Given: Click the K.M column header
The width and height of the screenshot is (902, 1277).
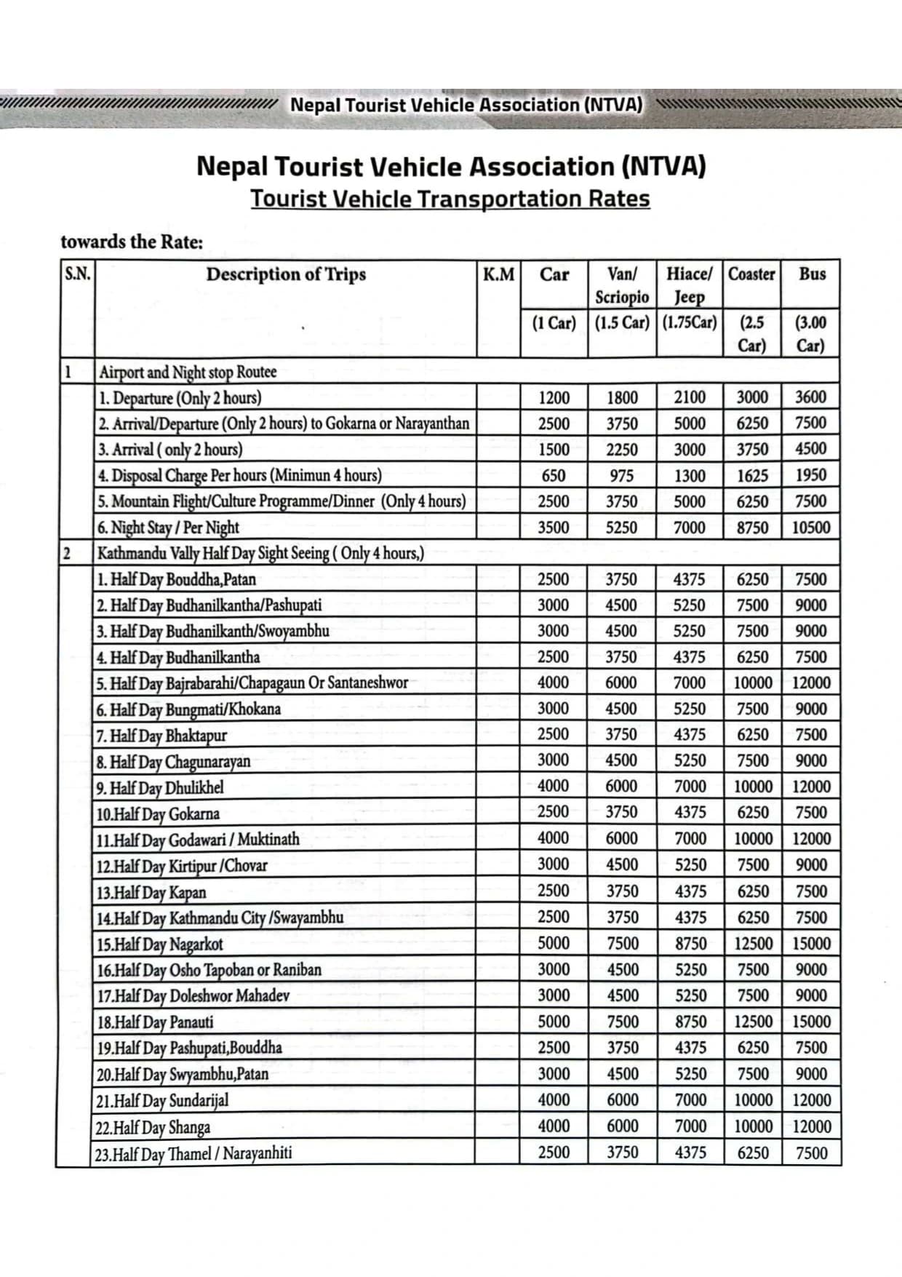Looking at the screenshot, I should coord(498,275).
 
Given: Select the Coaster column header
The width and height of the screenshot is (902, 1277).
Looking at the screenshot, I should coord(752,274).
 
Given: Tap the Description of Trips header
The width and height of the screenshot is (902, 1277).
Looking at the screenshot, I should coord(286,274).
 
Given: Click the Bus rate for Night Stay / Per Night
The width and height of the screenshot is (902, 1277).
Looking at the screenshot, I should coord(811,528).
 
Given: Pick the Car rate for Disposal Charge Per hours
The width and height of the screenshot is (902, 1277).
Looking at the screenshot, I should coord(554,476).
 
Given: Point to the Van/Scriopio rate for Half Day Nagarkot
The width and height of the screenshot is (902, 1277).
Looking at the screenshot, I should coord(623,944).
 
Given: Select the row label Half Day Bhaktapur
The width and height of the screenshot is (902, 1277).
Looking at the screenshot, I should coord(161,736).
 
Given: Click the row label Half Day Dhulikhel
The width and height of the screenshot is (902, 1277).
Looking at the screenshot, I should coord(159,788).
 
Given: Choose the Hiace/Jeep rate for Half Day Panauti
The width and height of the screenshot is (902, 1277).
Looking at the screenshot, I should coord(690,1022).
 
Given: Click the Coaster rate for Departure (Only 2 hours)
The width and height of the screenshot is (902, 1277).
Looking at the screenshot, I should coord(752,397).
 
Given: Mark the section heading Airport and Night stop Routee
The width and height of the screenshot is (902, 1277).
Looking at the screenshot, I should coord(188,372).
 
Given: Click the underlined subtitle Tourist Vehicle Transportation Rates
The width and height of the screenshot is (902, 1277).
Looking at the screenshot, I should coord(450,199).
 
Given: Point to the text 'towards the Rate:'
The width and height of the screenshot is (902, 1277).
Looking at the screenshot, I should coord(132,242).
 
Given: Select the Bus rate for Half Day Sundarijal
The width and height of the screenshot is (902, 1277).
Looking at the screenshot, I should coord(811,1100).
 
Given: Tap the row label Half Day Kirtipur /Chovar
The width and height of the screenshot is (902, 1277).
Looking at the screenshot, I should coord(181,866).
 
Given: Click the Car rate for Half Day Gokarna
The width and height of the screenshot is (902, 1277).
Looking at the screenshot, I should coord(554,812).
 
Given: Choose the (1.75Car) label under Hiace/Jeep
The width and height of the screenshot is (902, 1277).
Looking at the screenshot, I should coord(690,322).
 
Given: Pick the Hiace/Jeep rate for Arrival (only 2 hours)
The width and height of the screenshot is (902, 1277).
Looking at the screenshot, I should coord(690,450).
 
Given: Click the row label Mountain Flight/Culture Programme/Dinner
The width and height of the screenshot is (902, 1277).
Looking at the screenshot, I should coord(282,501).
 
